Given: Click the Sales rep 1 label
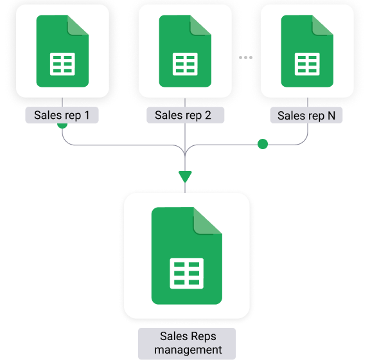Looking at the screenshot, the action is coord(62,115).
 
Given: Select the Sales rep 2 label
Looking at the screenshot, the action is coord(185,115).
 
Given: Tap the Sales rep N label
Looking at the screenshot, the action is coord(306,115).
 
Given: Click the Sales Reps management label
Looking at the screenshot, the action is coord(187,343).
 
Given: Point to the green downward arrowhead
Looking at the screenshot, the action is coord(185,176).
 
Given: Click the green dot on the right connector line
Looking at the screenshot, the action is coord(263,144).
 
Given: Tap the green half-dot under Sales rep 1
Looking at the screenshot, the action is coord(62,125).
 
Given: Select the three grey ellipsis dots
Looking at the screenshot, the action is coord(245,57).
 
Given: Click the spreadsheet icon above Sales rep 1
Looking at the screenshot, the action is coord(62,51).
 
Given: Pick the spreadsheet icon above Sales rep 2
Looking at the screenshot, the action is coord(185,51).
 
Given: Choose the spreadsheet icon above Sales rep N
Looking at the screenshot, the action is coord(307,51).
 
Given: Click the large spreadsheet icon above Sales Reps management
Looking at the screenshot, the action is coord(187,256).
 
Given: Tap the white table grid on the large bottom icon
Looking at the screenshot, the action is coord(187,273).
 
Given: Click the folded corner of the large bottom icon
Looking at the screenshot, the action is coord(207,221).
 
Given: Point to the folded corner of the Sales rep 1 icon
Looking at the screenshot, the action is coord(78,25).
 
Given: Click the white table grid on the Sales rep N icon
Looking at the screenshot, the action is coord(307,64).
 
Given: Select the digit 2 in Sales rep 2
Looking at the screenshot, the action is coord(208,115).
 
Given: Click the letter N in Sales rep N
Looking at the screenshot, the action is coord(331,116).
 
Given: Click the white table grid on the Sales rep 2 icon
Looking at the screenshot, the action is coord(185,64).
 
